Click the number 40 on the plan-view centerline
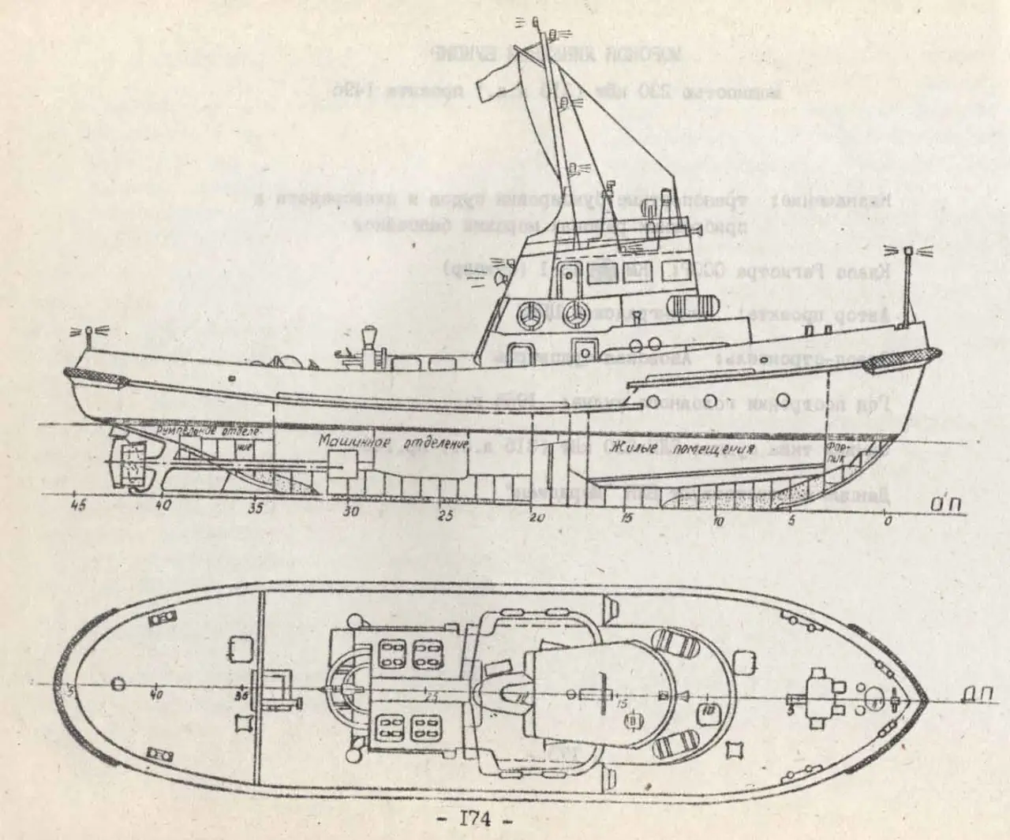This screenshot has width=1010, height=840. (156, 696)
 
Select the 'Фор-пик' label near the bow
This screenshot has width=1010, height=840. (836, 457)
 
